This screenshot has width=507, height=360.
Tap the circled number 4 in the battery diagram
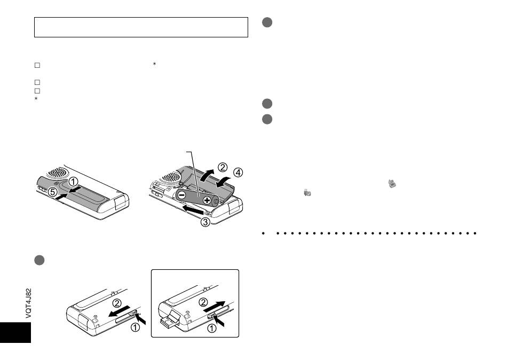[x=237, y=173]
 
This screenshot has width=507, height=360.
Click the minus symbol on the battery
[x=182, y=195]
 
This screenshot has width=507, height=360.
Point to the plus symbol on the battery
[x=207, y=200]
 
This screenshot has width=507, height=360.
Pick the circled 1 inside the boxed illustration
[x=212, y=330]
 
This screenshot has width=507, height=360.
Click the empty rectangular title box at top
[x=141, y=27]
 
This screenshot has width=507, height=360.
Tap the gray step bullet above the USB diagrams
[x=38, y=259]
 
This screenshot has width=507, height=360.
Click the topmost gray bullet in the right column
[x=268, y=22]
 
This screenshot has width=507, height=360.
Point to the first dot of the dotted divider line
[x=264, y=233]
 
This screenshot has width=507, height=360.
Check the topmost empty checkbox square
[x=37, y=66]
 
